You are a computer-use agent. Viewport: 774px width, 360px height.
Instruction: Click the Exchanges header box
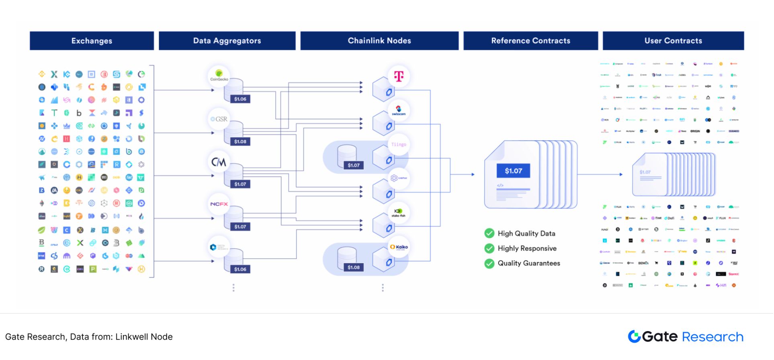(x=92, y=41)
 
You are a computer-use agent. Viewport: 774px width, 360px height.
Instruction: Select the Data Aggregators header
(x=227, y=41)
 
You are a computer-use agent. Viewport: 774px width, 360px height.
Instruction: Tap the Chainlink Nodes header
(x=379, y=41)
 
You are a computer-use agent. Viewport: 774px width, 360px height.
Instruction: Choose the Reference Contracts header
(x=530, y=41)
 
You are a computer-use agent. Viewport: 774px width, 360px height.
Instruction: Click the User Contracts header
(x=673, y=41)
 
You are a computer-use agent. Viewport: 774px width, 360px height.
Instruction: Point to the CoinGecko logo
(x=219, y=75)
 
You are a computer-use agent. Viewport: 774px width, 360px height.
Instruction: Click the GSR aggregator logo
(x=219, y=119)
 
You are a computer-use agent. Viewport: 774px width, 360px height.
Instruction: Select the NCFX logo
(x=219, y=204)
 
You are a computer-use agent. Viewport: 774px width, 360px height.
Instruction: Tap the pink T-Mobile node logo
(x=399, y=76)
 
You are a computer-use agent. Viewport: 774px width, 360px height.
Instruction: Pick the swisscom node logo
(x=399, y=110)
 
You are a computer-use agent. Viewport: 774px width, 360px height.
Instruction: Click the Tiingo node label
(x=399, y=145)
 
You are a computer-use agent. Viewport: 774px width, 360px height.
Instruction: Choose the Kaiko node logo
(x=399, y=247)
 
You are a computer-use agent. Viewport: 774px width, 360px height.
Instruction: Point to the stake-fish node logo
(x=399, y=213)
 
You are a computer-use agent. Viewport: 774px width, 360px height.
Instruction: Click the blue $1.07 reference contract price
(x=513, y=171)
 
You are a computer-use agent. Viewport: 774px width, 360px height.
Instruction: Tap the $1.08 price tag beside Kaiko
(x=354, y=267)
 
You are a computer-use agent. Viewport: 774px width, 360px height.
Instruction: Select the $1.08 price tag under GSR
(x=240, y=141)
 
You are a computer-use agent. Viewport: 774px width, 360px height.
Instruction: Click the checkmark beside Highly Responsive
(x=489, y=248)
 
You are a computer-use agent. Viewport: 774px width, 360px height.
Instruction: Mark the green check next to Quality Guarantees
(x=489, y=263)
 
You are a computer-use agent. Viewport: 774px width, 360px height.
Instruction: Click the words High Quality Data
(x=526, y=233)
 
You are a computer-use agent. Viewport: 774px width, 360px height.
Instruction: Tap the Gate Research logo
(x=686, y=337)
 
